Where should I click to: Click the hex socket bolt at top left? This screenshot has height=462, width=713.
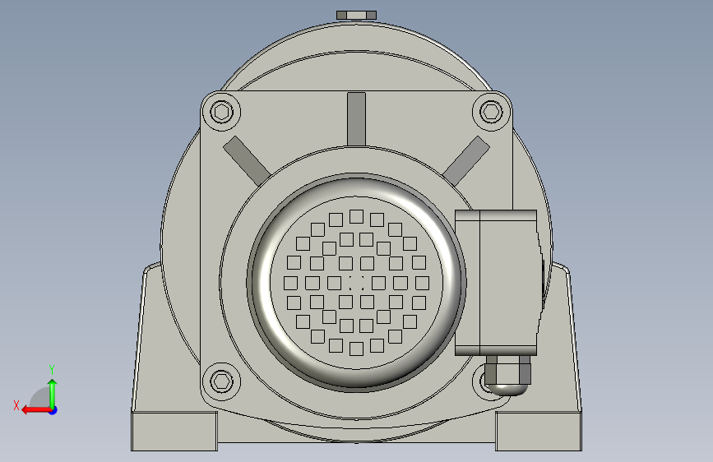click(222, 112)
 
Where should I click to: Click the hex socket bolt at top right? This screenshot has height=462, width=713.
click(492, 112)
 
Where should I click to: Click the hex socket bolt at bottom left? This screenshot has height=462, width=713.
click(222, 381)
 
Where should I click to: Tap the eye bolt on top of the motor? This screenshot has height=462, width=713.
click(357, 15)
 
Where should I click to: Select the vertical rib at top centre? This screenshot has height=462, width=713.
click(357, 119)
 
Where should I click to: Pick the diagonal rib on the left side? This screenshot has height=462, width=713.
click(247, 160)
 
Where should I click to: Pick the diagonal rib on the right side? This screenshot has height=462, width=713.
click(466, 160)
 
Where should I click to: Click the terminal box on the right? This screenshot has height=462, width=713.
click(496, 283)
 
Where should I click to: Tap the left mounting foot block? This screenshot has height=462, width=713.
click(174, 432)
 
